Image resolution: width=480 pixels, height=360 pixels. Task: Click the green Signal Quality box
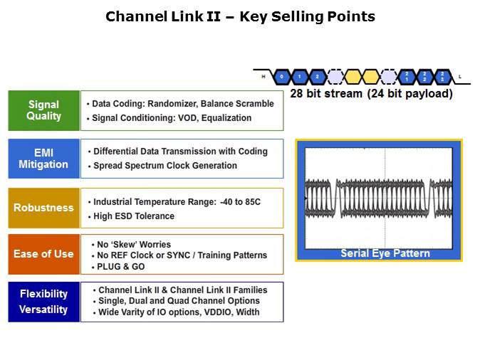44,110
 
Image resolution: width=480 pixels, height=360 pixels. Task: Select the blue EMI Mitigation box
44,159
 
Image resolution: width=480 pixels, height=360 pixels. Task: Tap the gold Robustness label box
44,208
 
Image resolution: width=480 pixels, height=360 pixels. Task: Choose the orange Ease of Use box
44,254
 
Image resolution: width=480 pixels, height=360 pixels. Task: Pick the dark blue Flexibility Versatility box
44,302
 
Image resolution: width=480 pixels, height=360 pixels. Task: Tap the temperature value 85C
250,202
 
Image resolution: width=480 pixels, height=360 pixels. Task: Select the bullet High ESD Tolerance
133,216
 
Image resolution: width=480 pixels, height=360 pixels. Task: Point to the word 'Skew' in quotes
127,245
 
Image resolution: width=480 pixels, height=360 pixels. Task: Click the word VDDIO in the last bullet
216,312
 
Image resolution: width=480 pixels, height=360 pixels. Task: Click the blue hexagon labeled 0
282,75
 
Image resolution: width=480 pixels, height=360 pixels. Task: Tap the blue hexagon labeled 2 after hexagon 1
316,75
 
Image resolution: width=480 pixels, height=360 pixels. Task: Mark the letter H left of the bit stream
263,76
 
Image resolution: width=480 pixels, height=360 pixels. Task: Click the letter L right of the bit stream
459,76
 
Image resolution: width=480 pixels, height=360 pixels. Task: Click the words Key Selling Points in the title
307,16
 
